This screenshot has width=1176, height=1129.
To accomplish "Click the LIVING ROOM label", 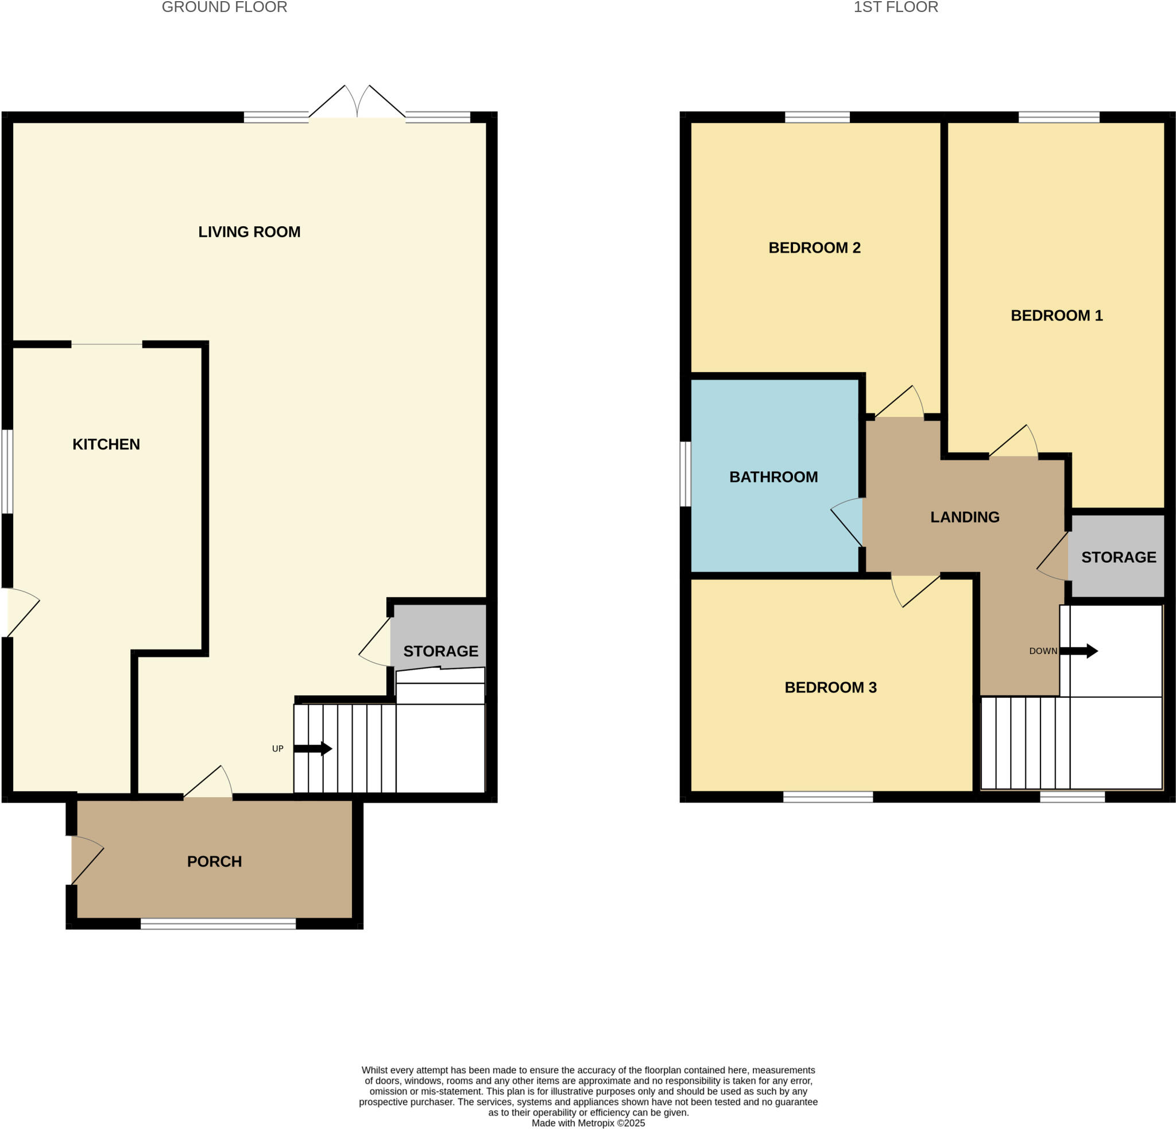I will point(249,231).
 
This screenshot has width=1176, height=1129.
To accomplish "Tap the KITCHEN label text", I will point(106,444).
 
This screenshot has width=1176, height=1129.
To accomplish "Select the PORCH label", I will point(214,861).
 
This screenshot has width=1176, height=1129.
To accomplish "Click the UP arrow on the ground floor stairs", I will point(312,748).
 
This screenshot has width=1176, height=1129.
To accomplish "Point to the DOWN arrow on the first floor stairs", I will point(1079,651).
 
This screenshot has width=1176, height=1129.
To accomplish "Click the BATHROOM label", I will point(773,477).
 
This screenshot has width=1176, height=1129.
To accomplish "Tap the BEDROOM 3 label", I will point(830,687).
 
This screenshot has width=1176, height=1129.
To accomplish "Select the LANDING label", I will point(965,517).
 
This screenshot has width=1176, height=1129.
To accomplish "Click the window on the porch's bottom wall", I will point(218,924).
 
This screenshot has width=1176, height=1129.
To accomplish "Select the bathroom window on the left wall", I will point(684,474).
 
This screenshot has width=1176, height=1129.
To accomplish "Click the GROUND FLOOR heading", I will point(225,7).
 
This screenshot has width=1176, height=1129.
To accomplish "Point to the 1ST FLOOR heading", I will point(895,7).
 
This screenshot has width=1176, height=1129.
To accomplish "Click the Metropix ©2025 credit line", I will point(588,1123).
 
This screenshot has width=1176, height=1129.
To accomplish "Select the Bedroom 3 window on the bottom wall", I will point(827,797).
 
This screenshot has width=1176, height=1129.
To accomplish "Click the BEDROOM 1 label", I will point(1057,315).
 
